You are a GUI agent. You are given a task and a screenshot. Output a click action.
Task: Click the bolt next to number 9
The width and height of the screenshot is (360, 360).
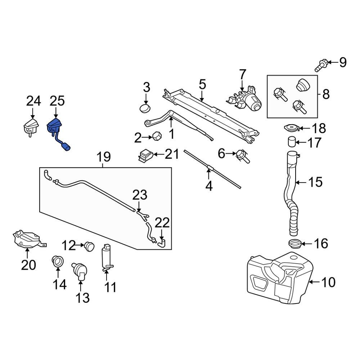click(322, 65)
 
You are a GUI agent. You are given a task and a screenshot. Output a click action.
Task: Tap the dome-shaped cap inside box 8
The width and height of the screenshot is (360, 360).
click(303, 85)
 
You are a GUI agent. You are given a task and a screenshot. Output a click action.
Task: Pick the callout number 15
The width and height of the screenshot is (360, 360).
click(315, 182)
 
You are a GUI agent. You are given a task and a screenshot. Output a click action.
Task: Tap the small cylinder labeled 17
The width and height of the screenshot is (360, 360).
click(292, 142)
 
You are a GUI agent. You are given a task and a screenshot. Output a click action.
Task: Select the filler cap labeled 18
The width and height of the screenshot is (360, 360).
click(291, 128)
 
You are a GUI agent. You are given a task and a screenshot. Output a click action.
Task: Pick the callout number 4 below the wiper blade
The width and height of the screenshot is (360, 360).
click(209, 186)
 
